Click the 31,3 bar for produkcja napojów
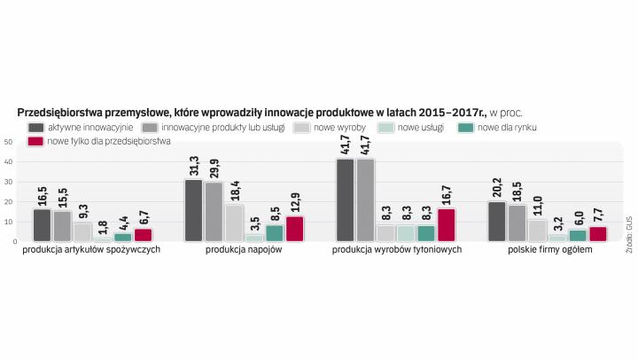[194, 210]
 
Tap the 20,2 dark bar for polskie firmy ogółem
[496, 221]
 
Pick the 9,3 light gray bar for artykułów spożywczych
[82, 231]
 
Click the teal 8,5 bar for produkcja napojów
[275, 232]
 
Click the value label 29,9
[214, 166]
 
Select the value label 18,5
[517, 189]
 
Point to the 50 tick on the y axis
[8, 142]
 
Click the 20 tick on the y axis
[8, 201]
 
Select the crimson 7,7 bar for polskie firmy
[599, 233]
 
